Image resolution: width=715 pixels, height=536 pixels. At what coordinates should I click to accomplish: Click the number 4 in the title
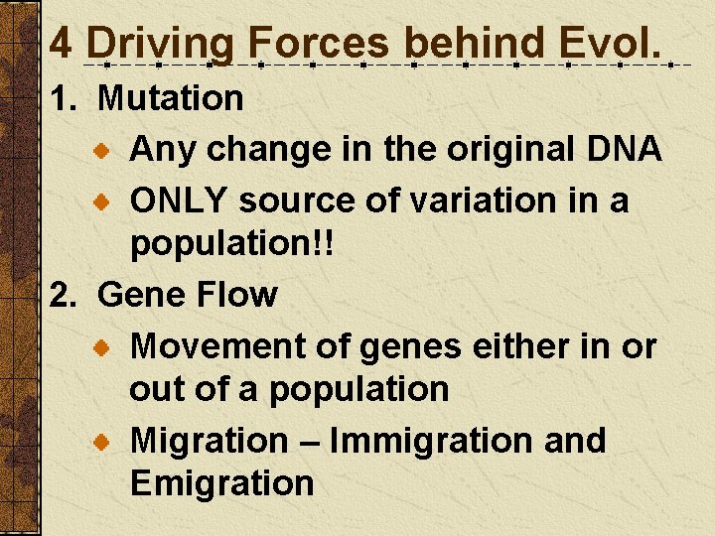coord(61,43)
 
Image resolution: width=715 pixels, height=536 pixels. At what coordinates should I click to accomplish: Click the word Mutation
coord(171,97)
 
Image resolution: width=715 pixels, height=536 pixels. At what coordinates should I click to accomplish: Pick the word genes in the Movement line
coord(411,346)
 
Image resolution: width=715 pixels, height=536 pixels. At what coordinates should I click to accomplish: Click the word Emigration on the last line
coord(221,483)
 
